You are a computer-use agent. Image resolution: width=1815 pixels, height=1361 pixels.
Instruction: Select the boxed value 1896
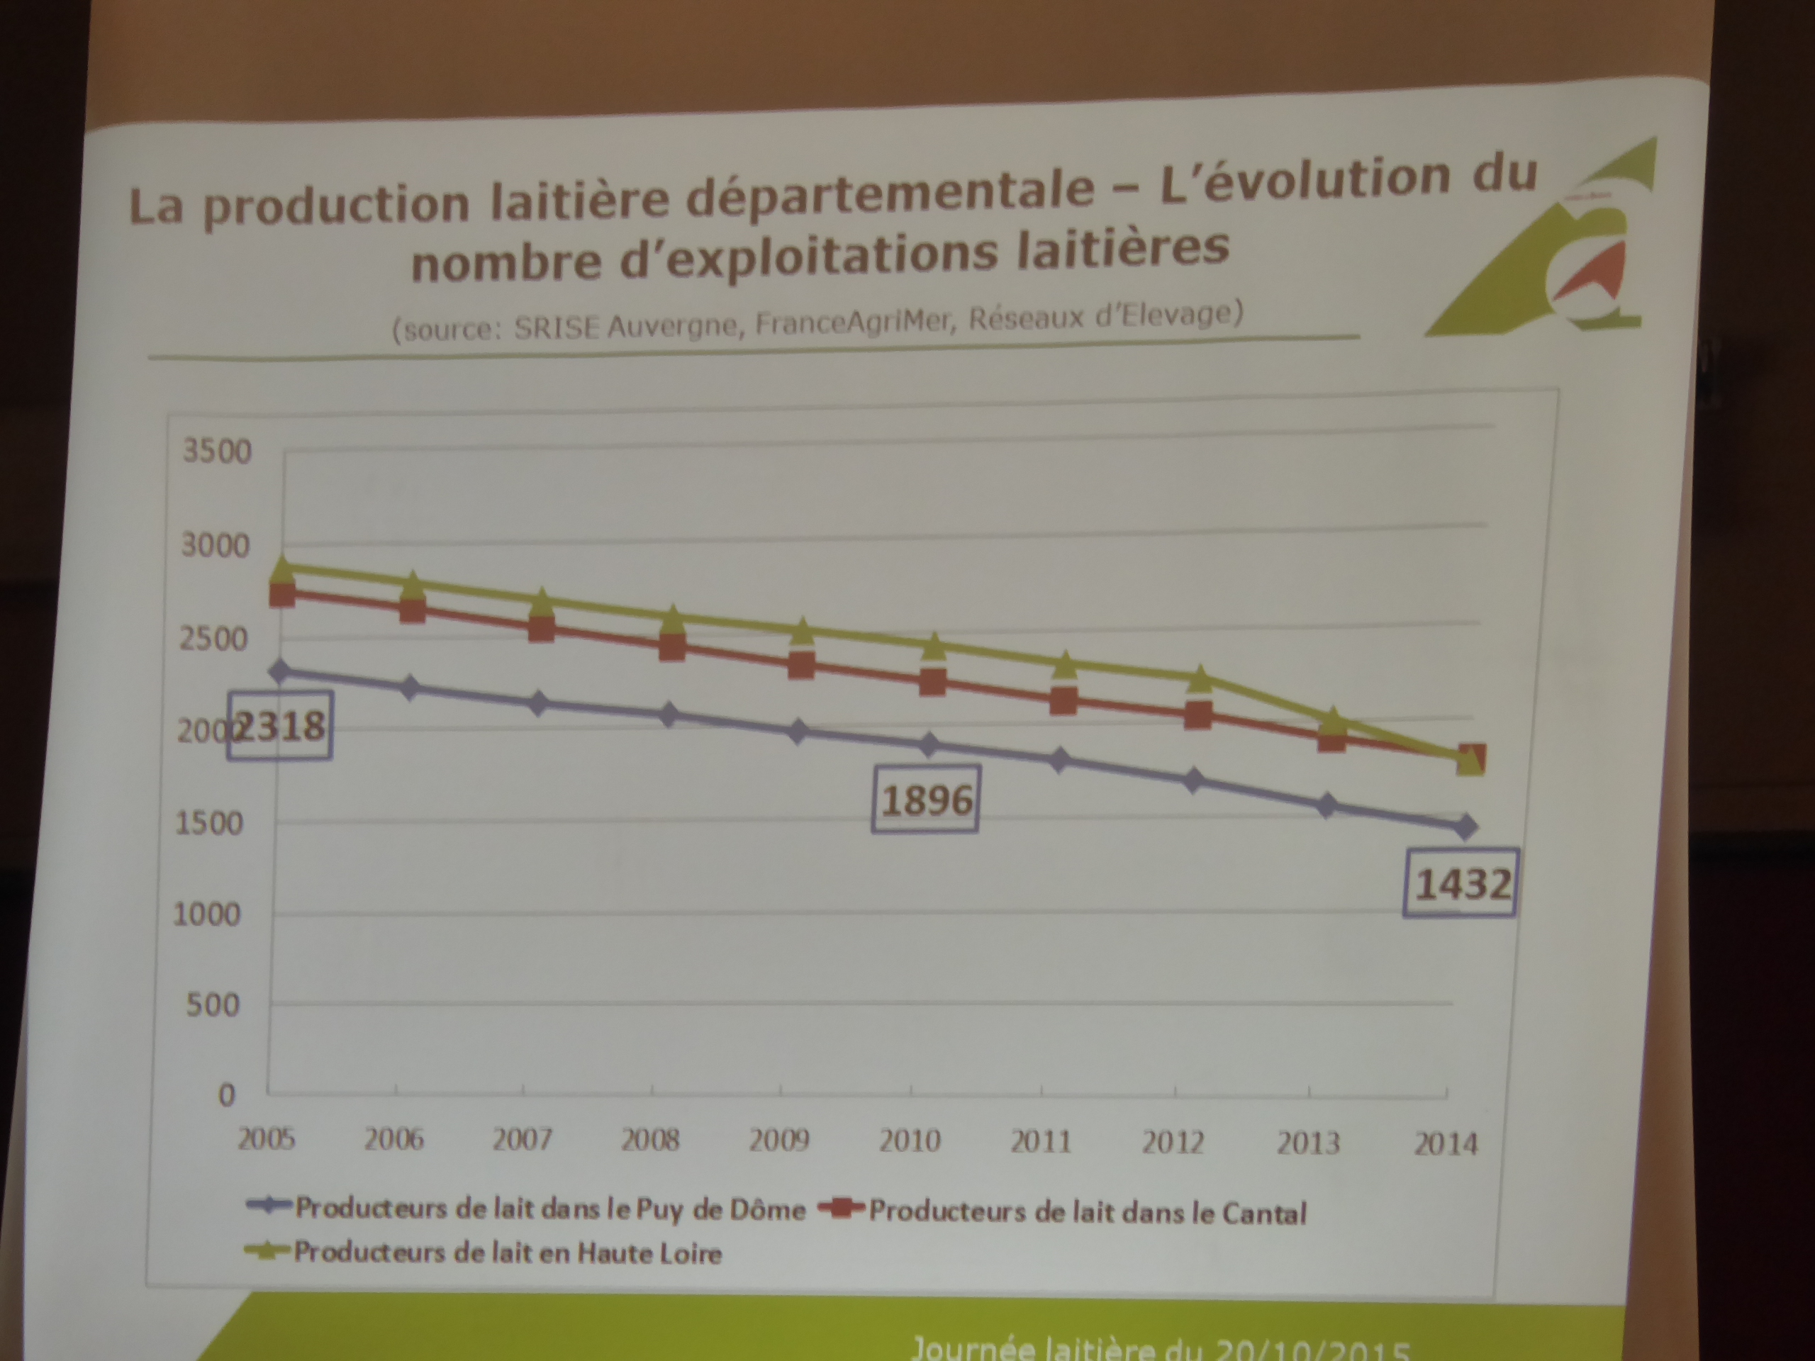pos(925,799)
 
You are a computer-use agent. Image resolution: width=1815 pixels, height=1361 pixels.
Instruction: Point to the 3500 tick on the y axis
pos(217,452)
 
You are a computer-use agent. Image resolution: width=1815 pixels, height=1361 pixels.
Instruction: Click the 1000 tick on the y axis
pos(208,914)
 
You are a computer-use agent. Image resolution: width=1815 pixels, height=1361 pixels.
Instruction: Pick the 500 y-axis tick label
pos(213,1005)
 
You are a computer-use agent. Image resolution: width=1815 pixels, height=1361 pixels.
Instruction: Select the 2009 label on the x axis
pos(778,1140)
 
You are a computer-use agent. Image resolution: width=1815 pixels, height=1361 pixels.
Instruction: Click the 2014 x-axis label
pos(1446,1143)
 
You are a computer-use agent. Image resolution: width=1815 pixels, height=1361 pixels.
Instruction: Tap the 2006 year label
pos(394,1138)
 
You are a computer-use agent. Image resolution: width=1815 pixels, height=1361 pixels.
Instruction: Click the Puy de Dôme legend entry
pos(549,1209)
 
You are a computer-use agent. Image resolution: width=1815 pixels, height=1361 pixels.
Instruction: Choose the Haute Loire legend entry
pos(507,1253)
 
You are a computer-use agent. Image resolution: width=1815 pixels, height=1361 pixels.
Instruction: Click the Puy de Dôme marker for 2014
pos(1466,827)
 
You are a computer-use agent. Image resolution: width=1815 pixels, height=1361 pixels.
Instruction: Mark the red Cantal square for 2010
pos(932,681)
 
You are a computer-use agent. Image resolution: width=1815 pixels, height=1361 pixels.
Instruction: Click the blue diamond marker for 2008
pos(669,715)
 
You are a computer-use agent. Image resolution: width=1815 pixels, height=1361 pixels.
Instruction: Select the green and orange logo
pos(1543,246)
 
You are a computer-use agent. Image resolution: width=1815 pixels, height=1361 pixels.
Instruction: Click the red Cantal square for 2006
pos(413,610)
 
